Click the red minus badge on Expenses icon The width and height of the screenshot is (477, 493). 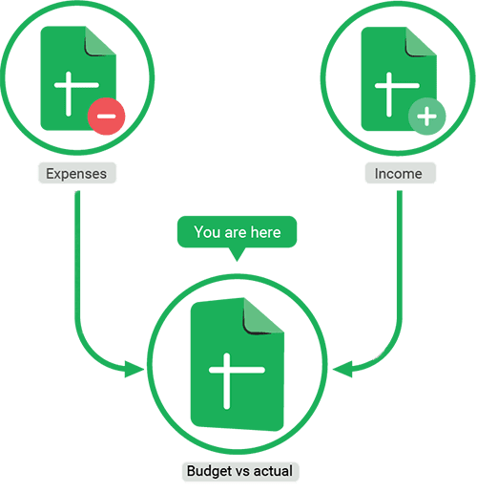coord(107,117)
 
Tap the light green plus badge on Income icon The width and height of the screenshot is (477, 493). coord(427,117)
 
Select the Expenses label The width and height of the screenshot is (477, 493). coord(77,174)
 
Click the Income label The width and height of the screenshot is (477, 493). coord(400,174)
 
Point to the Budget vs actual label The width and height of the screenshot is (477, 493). coord(240,471)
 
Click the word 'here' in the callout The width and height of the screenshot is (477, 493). coord(265,232)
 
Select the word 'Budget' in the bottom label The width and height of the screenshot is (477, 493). coord(209,472)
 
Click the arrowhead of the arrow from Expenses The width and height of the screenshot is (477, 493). coord(135,370)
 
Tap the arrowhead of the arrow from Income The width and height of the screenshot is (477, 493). coord(342,370)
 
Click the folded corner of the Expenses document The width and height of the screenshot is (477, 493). coord(100,41)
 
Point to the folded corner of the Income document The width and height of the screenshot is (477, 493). coord(421,42)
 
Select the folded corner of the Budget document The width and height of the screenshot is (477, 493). coord(263,316)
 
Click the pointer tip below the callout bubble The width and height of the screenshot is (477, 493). coord(237,261)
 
